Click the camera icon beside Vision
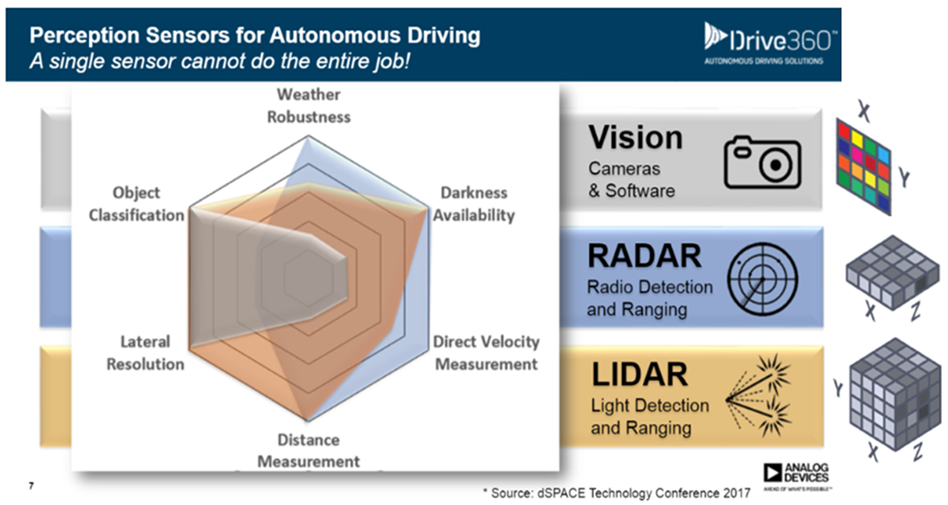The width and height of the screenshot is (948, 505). [762, 162]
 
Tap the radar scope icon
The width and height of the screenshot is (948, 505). [763, 279]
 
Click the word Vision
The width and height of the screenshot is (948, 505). [636, 138]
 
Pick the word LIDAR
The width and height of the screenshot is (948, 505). [640, 375]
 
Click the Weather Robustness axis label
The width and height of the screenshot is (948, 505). [308, 106]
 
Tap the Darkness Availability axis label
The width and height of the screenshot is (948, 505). [473, 204]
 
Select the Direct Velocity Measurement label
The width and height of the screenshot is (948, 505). [486, 352]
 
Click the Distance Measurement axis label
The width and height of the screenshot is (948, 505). [308, 451]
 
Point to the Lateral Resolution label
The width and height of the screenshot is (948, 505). [145, 352]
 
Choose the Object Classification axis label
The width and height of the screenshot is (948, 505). [137, 204]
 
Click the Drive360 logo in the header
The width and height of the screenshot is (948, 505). [768, 44]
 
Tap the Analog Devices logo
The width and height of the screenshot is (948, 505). [796, 476]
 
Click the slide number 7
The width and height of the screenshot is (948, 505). [32, 485]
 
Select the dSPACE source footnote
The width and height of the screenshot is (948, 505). [617, 493]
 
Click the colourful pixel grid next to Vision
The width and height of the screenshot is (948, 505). [864, 166]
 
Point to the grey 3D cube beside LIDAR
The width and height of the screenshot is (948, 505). [895, 394]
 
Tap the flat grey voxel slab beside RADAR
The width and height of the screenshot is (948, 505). [892, 271]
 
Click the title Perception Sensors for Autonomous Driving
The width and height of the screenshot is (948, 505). [255, 35]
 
